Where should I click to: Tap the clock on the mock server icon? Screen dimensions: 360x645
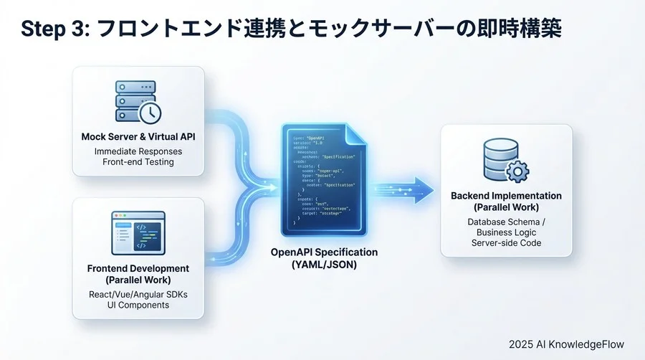150,113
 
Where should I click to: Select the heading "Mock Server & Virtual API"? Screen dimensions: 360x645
138,137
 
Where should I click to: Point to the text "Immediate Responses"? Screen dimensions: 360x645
138,151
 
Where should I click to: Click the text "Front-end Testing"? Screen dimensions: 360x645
138,163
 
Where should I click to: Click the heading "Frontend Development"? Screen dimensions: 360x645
138,268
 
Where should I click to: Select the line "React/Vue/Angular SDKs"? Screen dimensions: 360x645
138,293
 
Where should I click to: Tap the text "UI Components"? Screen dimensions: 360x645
138,305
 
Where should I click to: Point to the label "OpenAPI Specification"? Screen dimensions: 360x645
324,252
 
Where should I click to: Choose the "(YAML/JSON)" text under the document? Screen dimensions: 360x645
324,264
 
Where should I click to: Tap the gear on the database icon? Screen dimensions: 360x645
517,171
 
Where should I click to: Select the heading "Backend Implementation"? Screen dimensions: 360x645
506,196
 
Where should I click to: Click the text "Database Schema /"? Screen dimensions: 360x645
506,222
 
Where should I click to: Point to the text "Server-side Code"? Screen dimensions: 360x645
506,243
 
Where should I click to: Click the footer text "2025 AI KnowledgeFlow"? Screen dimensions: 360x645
569,344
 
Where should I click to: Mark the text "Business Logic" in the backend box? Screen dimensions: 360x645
506,232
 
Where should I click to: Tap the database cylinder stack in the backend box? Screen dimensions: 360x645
499,159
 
